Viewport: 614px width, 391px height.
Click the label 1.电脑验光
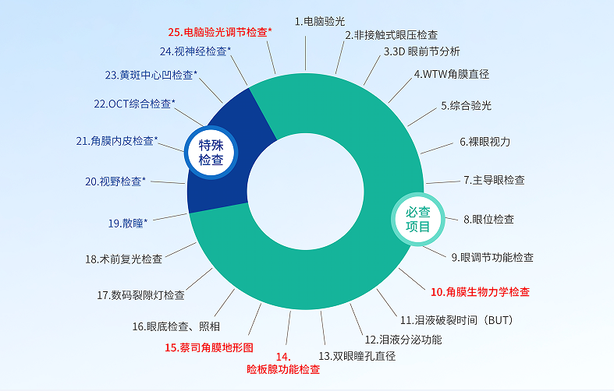point(320,22)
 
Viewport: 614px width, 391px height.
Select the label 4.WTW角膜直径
point(452,74)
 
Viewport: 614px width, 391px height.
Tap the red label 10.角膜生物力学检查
point(480,291)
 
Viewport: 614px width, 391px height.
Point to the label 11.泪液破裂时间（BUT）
point(456,320)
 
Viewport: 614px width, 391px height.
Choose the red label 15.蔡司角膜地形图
point(209,347)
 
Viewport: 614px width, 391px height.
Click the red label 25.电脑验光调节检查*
point(220,32)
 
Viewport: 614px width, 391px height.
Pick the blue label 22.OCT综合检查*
point(134,104)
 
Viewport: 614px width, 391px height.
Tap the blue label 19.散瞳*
point(128,224)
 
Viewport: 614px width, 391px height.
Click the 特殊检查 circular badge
point(211,153)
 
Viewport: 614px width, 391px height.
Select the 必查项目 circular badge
point(418,220)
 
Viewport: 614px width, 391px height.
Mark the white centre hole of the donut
point(305,192)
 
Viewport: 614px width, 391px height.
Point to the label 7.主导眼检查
point(494,180)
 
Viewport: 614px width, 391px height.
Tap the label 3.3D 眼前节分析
point(422,51)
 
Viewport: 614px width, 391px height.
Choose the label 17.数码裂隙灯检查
point(140,295)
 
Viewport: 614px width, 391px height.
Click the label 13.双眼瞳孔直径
point(357,356)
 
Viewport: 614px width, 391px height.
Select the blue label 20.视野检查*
point(115,181)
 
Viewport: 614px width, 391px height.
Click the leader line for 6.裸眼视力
point(437,148)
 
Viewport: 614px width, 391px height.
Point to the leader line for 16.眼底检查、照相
point(225,303)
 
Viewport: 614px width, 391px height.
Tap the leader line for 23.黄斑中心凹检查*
point(211,90)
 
